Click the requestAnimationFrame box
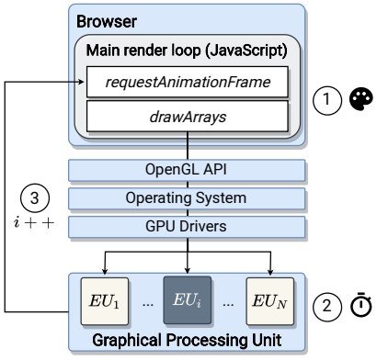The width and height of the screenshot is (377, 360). coord(188,82)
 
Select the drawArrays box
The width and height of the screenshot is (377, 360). coord(188,117)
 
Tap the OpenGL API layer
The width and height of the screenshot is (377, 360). coord(187,170)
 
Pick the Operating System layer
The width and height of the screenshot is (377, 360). coord(187,198)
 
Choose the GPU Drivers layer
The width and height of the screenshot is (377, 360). coord(187,227)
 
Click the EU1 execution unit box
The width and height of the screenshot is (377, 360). coord(105,301)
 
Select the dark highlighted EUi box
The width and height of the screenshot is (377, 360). coord(188,300)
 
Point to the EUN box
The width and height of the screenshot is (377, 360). coord(270,301)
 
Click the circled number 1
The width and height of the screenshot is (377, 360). coord(326,100)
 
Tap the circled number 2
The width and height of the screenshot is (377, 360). coord(326,306)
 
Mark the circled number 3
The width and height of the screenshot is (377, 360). coord(35,197)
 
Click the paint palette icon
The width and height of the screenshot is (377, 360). coord(361,99)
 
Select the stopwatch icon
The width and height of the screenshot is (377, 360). coord(361,305)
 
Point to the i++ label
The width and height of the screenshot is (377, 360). coord(34,222)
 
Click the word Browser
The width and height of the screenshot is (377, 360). coord(107,22)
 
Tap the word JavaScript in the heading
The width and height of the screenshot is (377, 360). coord(247,51)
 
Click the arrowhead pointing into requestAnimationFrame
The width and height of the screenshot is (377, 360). coord(82,82)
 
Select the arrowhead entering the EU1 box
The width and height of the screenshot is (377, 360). coord(105,271)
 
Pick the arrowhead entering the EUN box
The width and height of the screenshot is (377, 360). coord(270,271)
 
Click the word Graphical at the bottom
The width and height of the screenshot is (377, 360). coord(127,341)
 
